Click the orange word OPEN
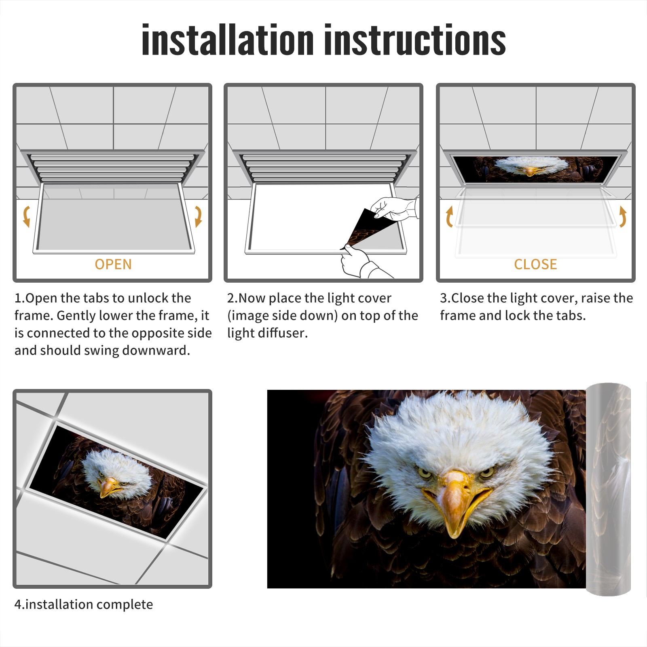pyautogui.click(x=113, y=264)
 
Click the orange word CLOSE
pyautogui.click(x=535, y=264)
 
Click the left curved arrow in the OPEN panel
pyautogui.click(x=26, y=216)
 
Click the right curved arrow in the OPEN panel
pyautogui.click(x=198, y=216)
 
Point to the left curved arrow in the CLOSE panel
pyautogui.click(x=449, y=216)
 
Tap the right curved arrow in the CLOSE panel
pyautogui.click(x=623, y=216)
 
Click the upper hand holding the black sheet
pyautogui.click(x=394, y=208)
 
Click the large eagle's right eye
pyautogui.click(x=486, y=472)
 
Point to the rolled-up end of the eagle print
pyautogui.click(x=609, y=489)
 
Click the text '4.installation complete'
pyautogui.click(x=84, y=605)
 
